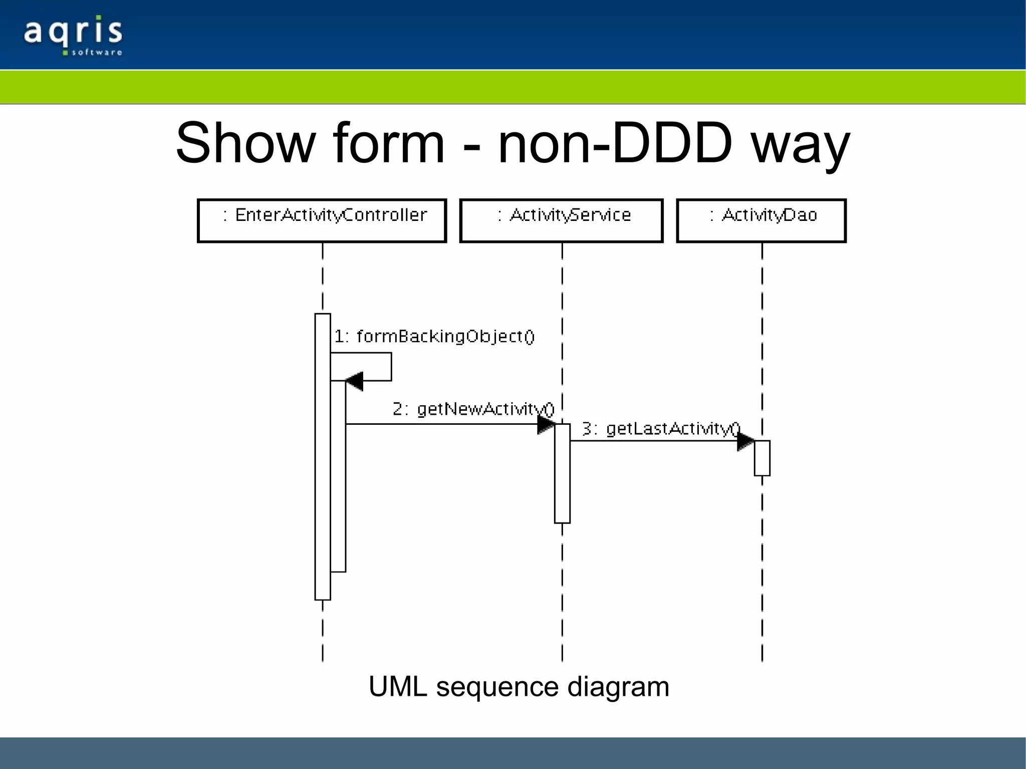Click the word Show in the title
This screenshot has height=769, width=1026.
coord(245,144)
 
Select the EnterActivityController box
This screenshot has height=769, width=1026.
coord(322,220)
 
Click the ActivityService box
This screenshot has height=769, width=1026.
coord(561,220)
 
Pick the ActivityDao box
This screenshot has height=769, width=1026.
coord(761,220)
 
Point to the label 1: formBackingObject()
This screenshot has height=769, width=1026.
coord(434,336)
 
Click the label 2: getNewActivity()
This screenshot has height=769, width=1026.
coord(473,409)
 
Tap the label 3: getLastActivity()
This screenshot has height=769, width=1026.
coord(661,429)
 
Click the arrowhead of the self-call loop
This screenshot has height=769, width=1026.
coord(355,381)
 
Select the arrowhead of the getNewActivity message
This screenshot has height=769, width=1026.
coord(546,424)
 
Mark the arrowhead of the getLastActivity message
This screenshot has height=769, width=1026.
coord(745,441)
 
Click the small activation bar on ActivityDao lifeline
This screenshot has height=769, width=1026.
coord(762,458)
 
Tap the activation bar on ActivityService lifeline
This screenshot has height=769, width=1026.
coord(562,473)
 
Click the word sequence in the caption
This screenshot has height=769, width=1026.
coord(497,686)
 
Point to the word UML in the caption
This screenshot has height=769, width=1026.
coord(398,686)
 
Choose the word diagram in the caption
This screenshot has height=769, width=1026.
coord(618,687)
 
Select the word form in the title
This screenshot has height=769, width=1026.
coord(389,144)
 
